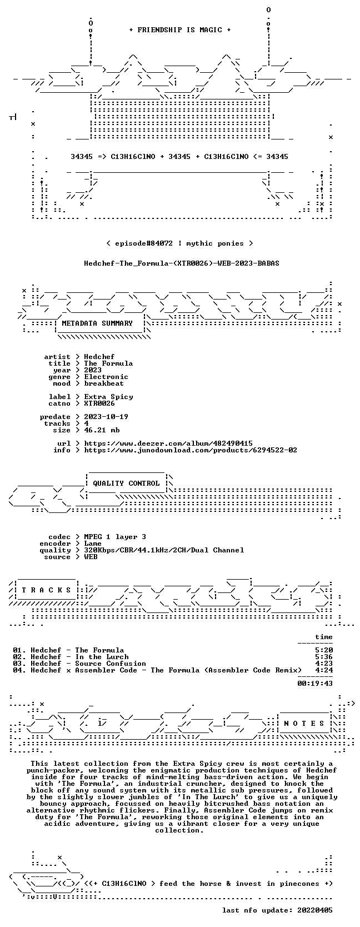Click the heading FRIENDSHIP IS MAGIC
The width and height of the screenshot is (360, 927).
pyautogui.click(x=180, y=30)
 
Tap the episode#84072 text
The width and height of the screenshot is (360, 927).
pyautogui.click(x=143, y=243)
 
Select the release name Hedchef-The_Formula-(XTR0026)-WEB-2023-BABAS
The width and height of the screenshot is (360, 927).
pyautogui.click(x=181, y=263)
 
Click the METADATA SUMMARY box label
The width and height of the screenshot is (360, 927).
pyautogui.click(x=97, y=323)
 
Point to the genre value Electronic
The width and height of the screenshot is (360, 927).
pyautogui.click(x=106, y=377)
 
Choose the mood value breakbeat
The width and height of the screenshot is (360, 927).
pyautogui.click(x=104, y=383)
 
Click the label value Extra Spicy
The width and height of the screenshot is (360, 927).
pyautogui.click(x=108, y=396)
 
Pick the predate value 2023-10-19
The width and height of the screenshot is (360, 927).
pyautogui.click(x=106, y=416)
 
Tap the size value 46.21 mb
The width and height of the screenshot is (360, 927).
pyautogui.click(x=102, y=430)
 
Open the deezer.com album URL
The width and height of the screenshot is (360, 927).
pyautogui.click(x=168, y=443)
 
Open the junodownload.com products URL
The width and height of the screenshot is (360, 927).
pyautogui.click(x=191, y=450)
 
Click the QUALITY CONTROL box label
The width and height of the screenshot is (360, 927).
pyautogui.click(x=126, y=484)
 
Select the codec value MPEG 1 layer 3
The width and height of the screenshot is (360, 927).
pyautogui.click(x=115, y=537)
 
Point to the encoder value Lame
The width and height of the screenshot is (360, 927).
pyautogui.click(x=93, y=544)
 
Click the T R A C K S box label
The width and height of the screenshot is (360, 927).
pyautogui.click(x=46, y=590)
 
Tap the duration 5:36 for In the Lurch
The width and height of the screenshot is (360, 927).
pyautogui.click(x=324, y=657)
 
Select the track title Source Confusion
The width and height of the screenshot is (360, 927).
pyautogui.click(x=111, y=664)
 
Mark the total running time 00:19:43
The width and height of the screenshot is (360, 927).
pyautogui.click(x=315, y=683)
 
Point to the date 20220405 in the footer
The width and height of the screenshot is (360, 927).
pyautogui.click(x=315, y=910)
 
